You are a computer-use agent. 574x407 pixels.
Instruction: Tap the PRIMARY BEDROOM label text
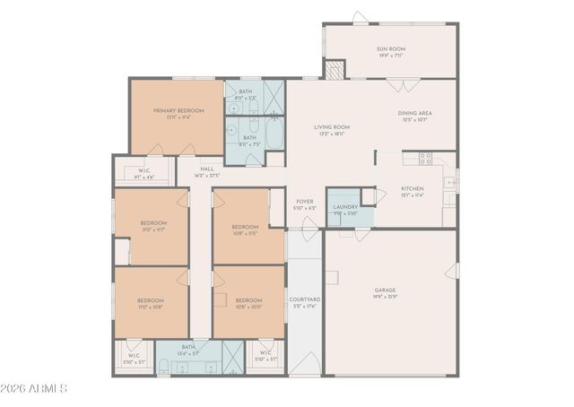pyautogui.click(x=178, y=110)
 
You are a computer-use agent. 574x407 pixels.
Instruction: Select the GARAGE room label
pyautogui.click(x=386, y=290)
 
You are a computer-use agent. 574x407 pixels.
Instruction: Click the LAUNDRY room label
pyautogui.click(x=345, y=207)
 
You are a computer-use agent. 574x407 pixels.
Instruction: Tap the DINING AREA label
pyautogui.click(x=415, y=113)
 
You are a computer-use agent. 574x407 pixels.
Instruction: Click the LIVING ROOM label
pyautogui.click(x=332, y=127)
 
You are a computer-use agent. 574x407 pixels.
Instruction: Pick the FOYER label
pyautogui.click(x=305, y=202)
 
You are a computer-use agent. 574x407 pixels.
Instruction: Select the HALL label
pyautogui.click(x=207, y=169)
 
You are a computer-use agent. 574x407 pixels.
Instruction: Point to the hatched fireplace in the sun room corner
pyautogui.click(x=334, y=70)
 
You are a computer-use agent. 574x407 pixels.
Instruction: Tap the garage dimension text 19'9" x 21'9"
pyautogui.click(x=386, y=297)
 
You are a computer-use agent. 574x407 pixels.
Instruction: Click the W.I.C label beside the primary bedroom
pyautogui.click(x=143, y=171)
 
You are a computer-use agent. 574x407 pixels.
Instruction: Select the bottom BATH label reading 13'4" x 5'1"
pyautogui.click(x=188, y=347)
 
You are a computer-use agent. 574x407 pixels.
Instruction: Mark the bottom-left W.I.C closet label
pyautogui.click(x=134, y=356)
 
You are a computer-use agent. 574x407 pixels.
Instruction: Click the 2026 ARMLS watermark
pyautogui.click(x=36, y=388)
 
